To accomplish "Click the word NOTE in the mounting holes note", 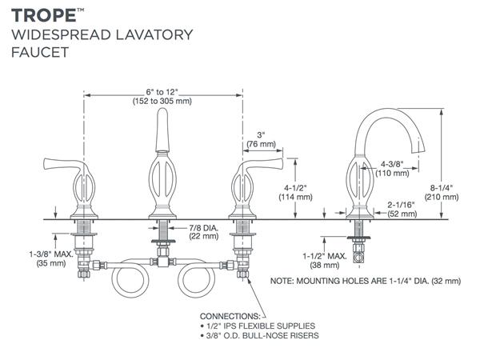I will tap(286, 282).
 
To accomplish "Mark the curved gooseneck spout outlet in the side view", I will tap(417, 150).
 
